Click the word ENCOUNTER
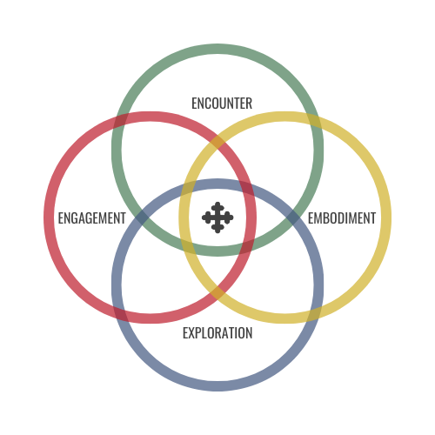click(x=222, y=104)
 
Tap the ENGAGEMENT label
click(x=92, y=218)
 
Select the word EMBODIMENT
click(x=342, y=218)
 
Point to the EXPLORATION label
click(x=217, y=333)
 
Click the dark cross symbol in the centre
click(x=217, y=217)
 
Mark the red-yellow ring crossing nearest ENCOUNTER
click(x=217, y=142)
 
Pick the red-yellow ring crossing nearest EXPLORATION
click(x=217, y=293)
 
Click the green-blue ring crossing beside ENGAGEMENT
click(x=142, y=217)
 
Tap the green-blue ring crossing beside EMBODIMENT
click(x=293, y=217)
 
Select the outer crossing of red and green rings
click(x=121, y=121)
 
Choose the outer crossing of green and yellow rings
click(x=314, y=121)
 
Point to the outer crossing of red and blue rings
click(x=121, y=314)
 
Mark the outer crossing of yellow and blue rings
click(x=314, y=314)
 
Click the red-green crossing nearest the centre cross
click(x=247, y=247)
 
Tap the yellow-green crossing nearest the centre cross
click(x=188, y=247)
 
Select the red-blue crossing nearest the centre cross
click(x=247, y=188)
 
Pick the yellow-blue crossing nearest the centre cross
click(x=188, y=188)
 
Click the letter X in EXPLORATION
click(x=192, y=333)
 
